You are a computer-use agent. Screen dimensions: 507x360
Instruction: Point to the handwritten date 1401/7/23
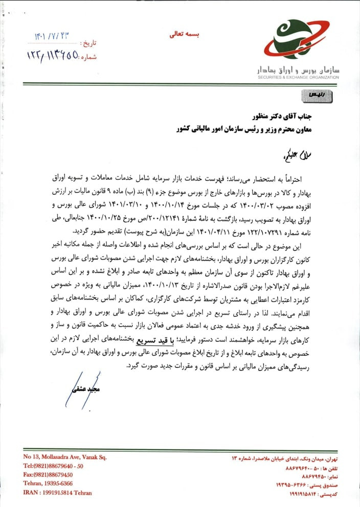point(51,37)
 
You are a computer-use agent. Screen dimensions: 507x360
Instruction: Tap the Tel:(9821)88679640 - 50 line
point(53,466)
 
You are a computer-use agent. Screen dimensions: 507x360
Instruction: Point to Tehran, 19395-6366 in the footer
point(48,483)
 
